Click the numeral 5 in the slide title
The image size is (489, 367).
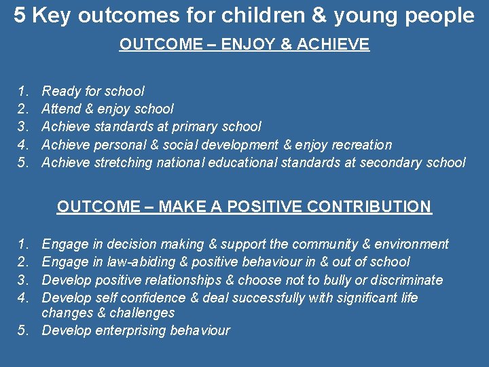pyautogui.click(x=20, y=16)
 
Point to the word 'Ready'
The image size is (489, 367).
pyautogui.click(x=60, y=91)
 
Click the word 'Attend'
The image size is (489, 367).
pyautogui.click(x=61, y=109)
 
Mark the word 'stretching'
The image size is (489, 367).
pyautogui.click(x=123, y=162)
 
